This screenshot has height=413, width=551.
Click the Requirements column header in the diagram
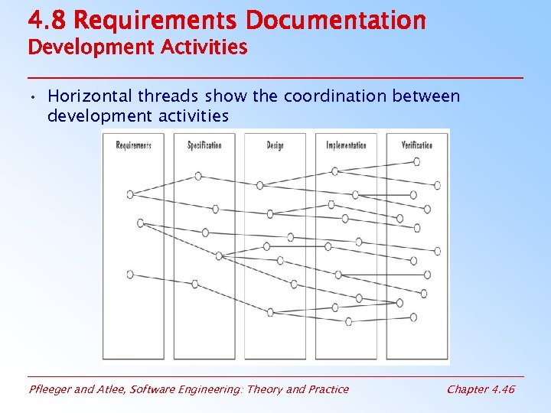click(133, 145)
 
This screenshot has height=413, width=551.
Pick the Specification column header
click(204, 145)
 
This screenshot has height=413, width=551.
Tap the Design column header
click(275, 145)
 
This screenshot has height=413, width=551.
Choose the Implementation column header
click(346, 145)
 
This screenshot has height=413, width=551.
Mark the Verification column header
click(417, 145)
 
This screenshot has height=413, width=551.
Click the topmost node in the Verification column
click(416, 161)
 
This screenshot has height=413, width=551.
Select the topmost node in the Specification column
click(198, 176)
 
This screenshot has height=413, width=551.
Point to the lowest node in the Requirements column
click(130, 274)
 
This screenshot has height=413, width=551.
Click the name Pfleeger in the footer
click(52, 389)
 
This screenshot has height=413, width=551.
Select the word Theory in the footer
click(262, 389)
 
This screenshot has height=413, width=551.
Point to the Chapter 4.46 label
click(481, 389)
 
